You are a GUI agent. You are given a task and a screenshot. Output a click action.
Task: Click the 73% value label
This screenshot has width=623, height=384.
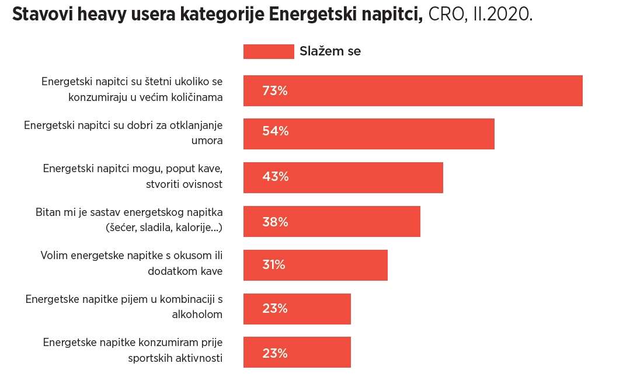pyautogui.click(x=275, y=91)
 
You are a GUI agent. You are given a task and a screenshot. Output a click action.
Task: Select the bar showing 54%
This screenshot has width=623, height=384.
pyautogui.click(x=368, y=134)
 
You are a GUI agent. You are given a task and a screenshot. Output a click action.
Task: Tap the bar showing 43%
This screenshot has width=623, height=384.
pyautogui.click(x=343, y=177)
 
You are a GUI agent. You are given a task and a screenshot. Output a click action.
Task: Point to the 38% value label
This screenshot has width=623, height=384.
pyautogui.click(x=275, y=222)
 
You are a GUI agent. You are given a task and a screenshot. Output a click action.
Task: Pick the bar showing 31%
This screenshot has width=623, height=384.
pyautogui.click(x=315, y=265)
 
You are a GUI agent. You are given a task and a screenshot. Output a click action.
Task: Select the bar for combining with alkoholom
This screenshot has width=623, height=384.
pyautogui.click(x=297, y=309)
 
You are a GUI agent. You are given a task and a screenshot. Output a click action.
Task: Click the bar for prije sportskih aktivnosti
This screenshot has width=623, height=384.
pyautogui.click(x=297, y=352)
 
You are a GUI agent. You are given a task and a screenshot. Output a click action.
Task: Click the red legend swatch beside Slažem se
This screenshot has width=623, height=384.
pyautogui.click(x=269, y=51)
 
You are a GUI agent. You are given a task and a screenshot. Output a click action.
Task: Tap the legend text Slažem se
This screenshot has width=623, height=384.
pyautogui.click(x=330, y=51)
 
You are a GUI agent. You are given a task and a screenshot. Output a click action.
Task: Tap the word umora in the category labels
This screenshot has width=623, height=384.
pyautogui.click(x=207, y=141)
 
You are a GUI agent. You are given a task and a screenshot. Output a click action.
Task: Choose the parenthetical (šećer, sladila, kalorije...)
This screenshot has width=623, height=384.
pyautogui.click(x=164, y=228)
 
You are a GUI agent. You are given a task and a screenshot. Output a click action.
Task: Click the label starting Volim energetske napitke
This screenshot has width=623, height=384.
pyautogui.click(x=131, y=263)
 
